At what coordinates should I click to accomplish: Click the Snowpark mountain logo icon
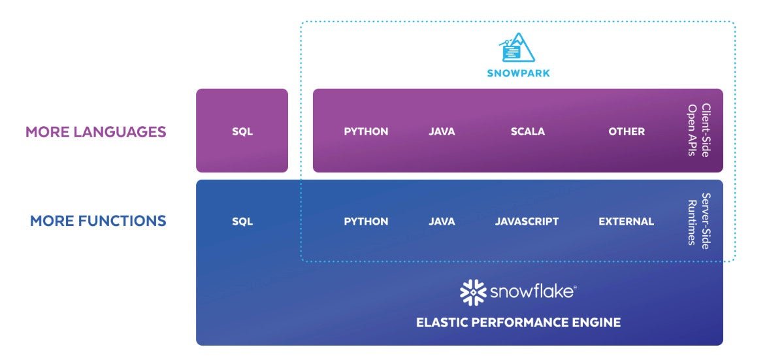click(517, 47)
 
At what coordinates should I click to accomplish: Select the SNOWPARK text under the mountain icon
click(518, 73)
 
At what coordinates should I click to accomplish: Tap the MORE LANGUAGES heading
click(96, 132)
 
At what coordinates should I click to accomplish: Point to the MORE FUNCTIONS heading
click(98, 221)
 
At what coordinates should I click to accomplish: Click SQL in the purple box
click(242, 131)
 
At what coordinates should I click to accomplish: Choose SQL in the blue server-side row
click(242, 221)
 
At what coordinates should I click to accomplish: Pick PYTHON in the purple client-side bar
click(366, 131)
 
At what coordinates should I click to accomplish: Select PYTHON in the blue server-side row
click(366, 221)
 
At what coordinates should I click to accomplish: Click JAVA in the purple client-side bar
click(442, 131)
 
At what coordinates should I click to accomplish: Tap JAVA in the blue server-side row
click(442, 221)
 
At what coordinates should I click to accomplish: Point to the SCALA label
click(528, 131)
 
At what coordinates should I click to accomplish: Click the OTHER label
click(627, 131)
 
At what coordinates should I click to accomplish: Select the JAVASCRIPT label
click(527, 221)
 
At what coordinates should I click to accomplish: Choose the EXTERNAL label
click(626, 221)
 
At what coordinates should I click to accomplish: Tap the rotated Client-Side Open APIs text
click(699, 130)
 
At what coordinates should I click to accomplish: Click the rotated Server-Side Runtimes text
click(699, 221)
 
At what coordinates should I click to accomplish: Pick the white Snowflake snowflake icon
click(473, 293)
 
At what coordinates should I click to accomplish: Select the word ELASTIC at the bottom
click(442, 322)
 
